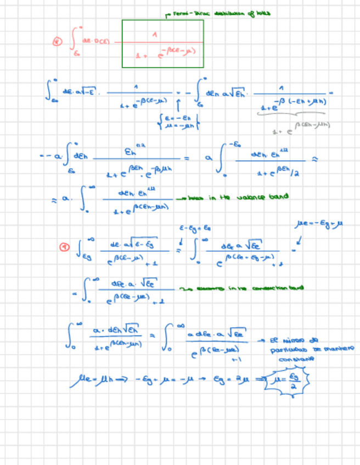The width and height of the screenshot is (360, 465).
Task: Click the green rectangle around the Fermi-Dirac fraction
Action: [162, 22]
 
